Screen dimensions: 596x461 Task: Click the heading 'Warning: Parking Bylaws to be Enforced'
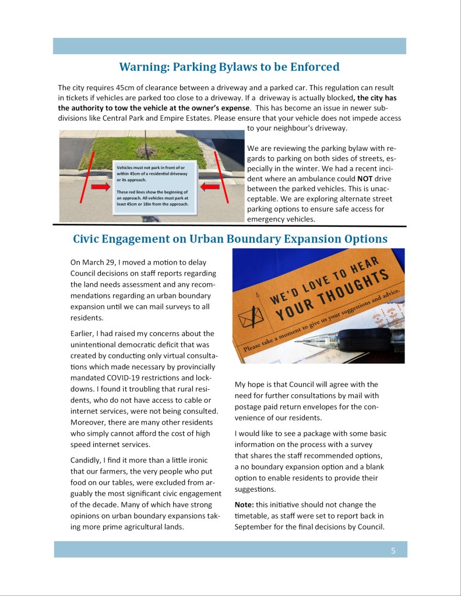229,67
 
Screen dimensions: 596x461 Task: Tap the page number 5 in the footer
393,550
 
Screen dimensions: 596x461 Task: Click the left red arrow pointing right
100,186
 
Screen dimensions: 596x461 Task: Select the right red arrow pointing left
210,186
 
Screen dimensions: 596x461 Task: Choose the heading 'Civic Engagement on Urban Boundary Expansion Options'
230,239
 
